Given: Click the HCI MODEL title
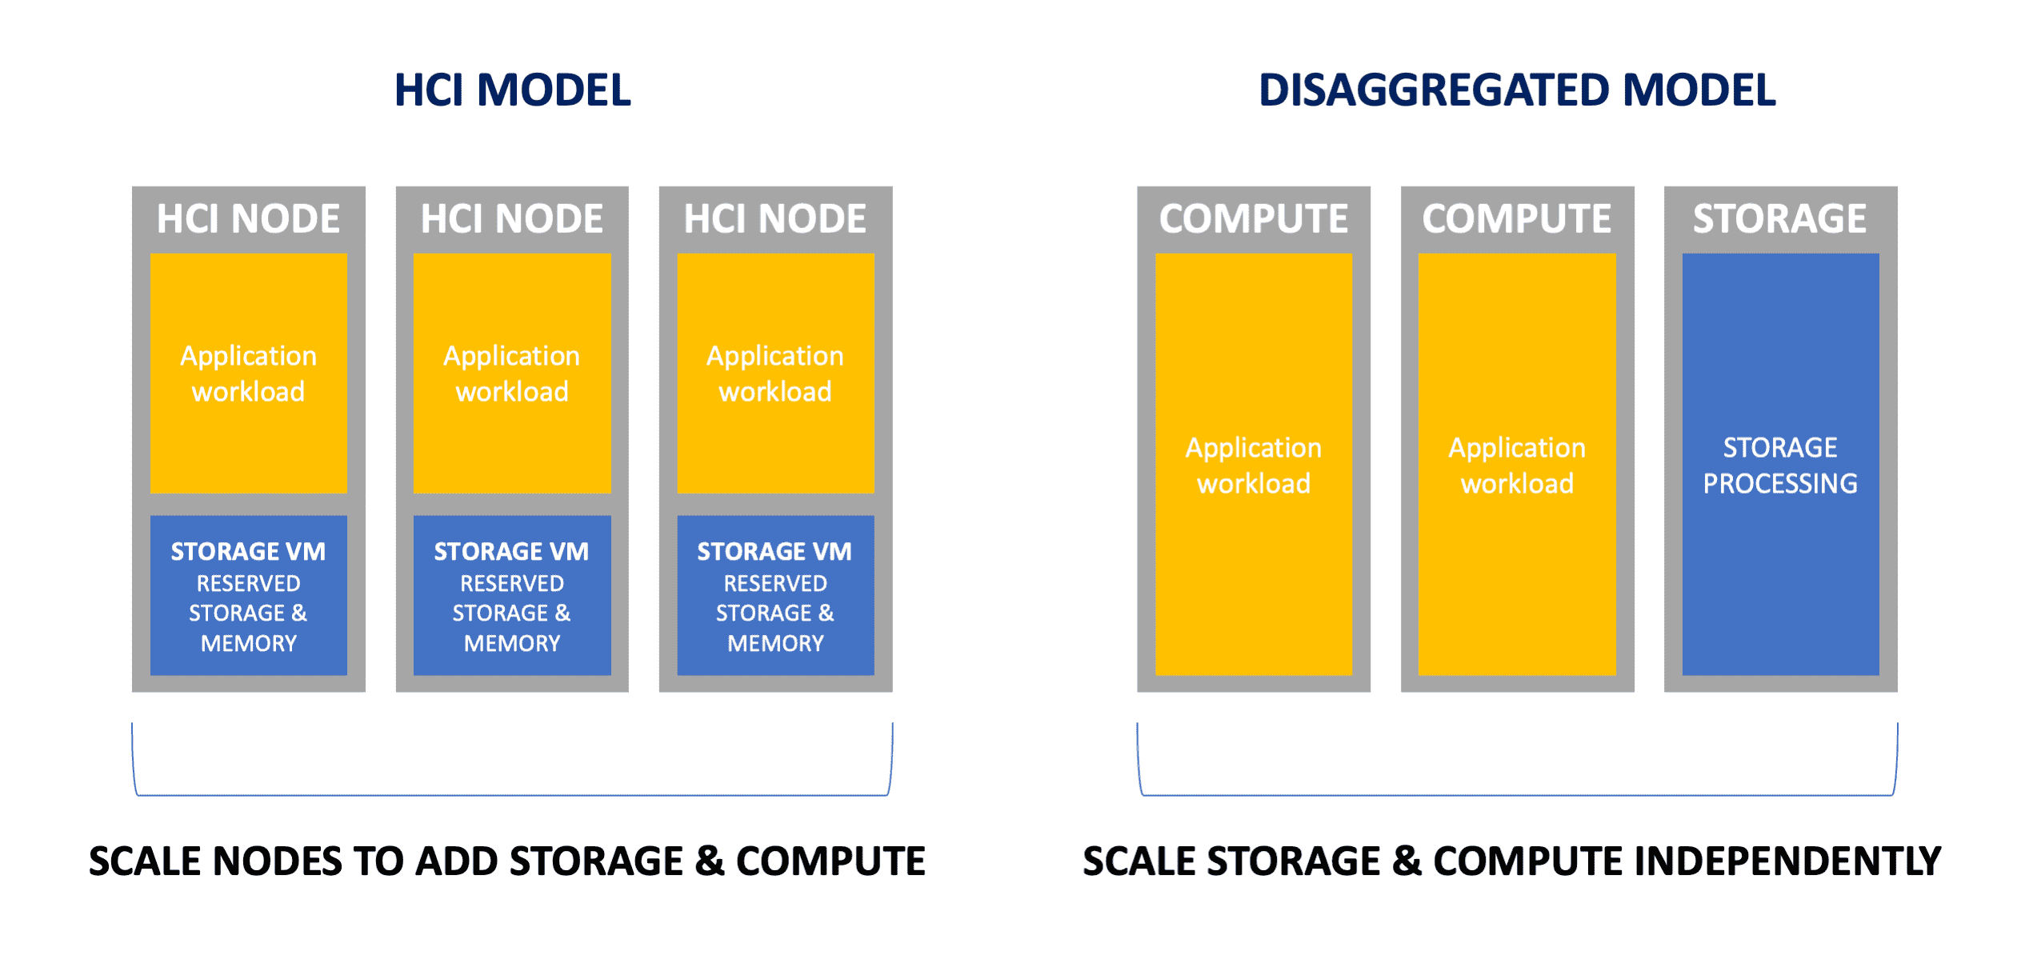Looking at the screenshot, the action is click(512, 90).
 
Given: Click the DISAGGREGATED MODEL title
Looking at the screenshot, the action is click(1517, 90).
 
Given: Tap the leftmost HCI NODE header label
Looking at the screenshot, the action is click(248, 218).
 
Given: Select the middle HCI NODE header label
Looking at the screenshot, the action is click(512, 218).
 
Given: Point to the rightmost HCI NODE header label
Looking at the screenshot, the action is click(775, 218).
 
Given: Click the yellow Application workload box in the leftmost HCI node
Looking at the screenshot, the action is click(249, 373).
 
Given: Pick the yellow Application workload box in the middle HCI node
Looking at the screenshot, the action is click(512, 373).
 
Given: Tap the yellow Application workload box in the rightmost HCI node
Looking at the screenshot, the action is click(775, 373).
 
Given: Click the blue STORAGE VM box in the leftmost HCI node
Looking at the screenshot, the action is click(249, 595).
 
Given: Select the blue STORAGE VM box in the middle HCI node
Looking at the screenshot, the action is click(512, 595).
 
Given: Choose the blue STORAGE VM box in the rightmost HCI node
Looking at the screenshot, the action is click(775, 595).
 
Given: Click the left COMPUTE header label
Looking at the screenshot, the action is click(1254, 218).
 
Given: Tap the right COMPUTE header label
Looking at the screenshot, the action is click(1517, 218).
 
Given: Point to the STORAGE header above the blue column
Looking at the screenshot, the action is click(1780, 218).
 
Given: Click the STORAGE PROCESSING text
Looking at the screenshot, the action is click(1780, 466).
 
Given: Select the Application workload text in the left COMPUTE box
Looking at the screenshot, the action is click(1254, 466).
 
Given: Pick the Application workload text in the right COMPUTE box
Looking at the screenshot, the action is click(1517, 466).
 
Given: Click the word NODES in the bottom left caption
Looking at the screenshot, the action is click(279, 861).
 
